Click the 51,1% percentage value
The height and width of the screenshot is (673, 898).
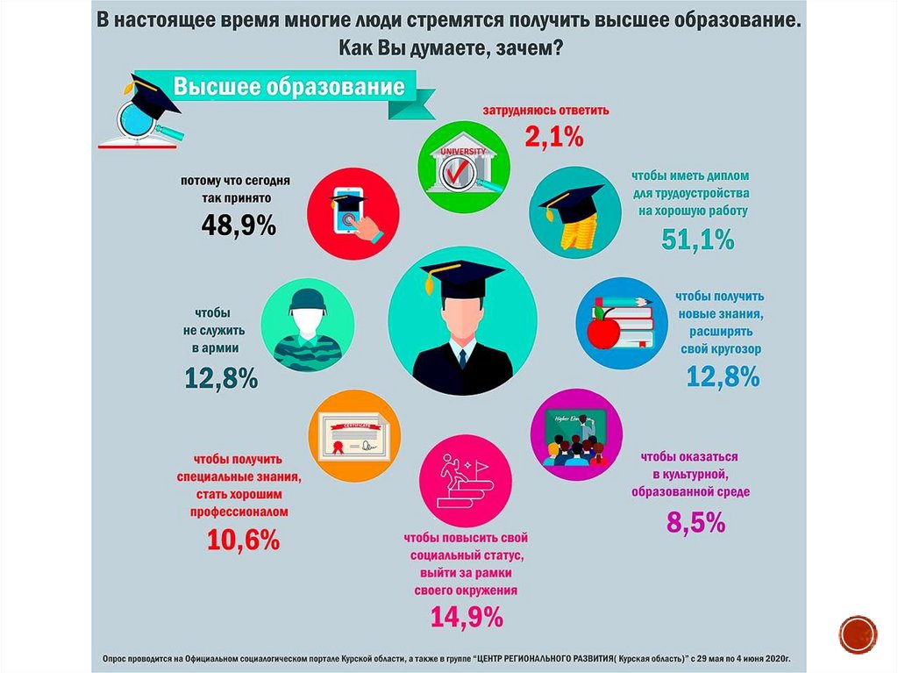[698, 238]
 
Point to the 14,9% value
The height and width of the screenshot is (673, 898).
[467, 616]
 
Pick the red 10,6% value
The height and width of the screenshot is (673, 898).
[243, 539]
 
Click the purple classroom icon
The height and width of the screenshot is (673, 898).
[576, 434]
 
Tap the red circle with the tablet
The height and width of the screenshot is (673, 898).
[353, 212]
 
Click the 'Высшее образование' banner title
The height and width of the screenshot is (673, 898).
[289, 88]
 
